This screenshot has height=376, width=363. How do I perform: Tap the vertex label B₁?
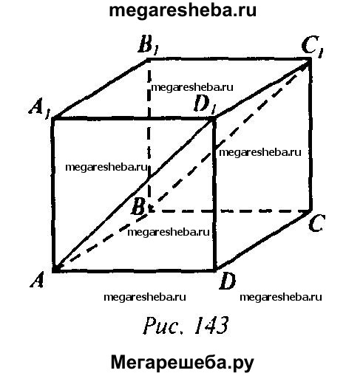click(x=148, y=46)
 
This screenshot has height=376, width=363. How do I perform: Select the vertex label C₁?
click(x=312, y=47)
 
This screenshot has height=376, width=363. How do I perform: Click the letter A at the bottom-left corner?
click(x=37, y=280)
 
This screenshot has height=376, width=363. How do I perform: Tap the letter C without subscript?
click(x=316, y=223)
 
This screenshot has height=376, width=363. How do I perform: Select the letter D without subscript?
click(x=227, y=281)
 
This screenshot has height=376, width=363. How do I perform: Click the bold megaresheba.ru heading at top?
click(x=183, y=11)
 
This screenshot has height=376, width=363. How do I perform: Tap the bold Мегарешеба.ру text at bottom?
click(x=183, y=363)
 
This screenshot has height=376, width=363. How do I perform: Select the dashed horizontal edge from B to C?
click(x=229, y=211)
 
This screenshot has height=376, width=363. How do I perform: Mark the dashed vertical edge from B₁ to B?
click(x=149, y=135)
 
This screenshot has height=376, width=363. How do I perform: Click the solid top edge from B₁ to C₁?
click(x=228, y=59)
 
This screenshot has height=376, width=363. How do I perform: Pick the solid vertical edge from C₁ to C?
click(x=311, y=135)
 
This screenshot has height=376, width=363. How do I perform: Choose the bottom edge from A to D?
click(x=134, y=270)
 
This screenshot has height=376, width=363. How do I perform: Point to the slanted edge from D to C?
click(x=263, y=241)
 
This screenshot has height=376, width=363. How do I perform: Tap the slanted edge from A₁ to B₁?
click(x=100, y=89)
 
